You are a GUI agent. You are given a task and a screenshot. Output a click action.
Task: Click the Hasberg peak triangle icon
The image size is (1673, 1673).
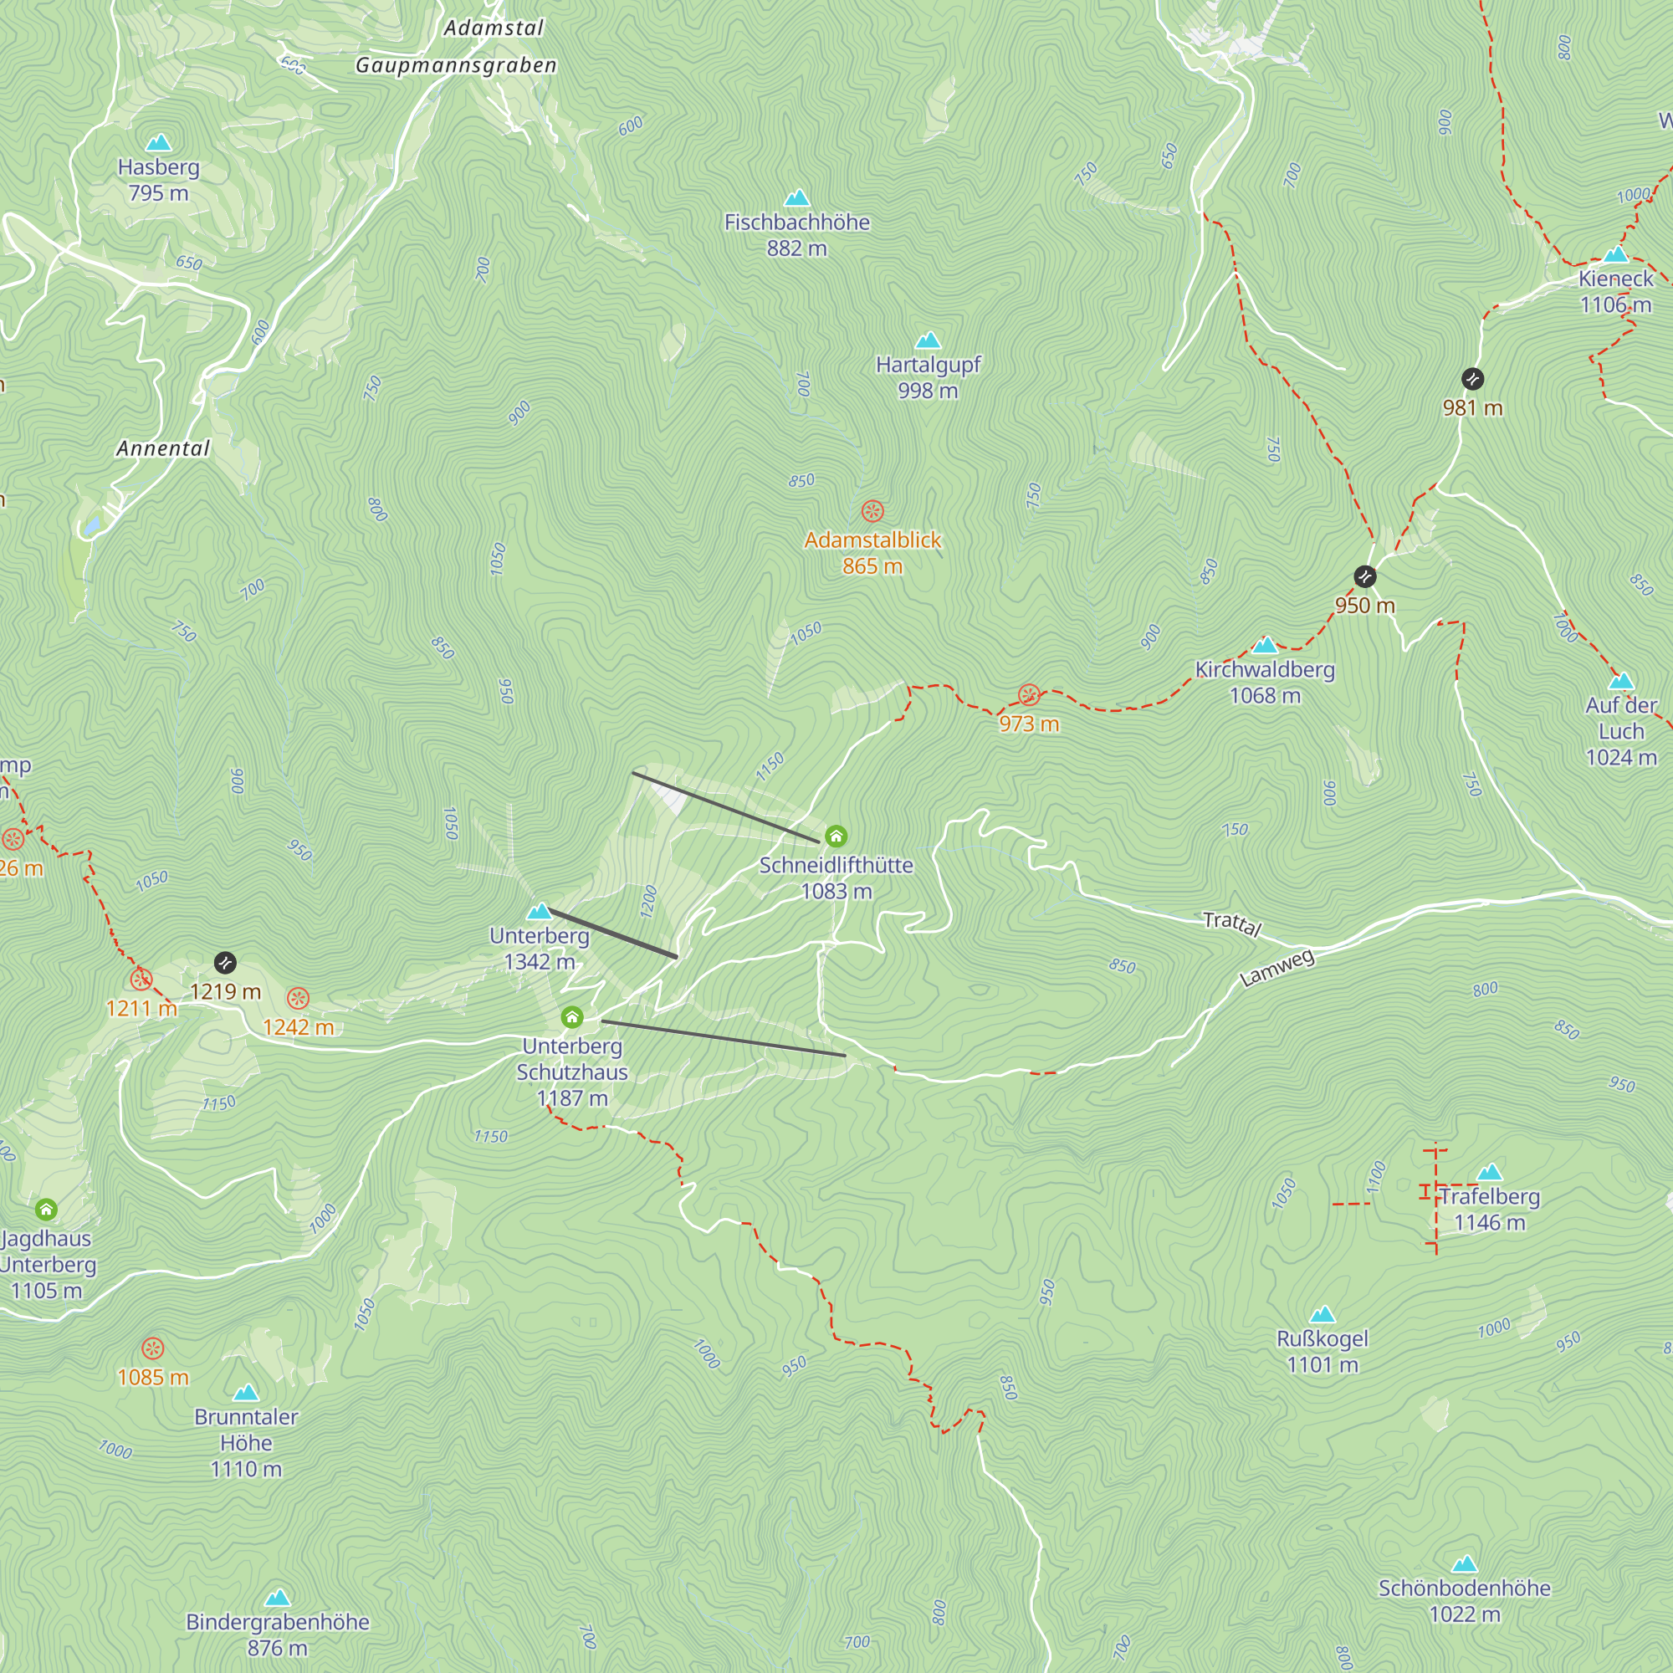(x=158, y=142)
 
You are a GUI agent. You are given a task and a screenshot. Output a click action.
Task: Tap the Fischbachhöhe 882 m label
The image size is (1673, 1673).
(x=796, y=235)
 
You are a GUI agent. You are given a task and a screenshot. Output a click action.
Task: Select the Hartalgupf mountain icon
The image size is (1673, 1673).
(x=928, y=340)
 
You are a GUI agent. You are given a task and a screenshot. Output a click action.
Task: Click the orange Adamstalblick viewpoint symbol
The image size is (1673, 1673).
(x=872, y=511)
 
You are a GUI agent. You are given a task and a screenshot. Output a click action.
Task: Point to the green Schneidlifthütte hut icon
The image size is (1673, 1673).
(x=836, y=836)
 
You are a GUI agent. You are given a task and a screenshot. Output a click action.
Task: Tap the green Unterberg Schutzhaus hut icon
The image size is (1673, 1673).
(x=571, y=1016)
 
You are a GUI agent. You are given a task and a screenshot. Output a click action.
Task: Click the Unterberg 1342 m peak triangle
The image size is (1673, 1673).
(x=540, y=911)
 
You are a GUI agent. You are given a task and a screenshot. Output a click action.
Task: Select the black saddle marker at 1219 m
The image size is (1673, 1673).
(x=225, y=962)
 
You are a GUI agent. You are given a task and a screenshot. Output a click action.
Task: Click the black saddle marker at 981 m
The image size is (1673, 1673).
(x=1472, y=378)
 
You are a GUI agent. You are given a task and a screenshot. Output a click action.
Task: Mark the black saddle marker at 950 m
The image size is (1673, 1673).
(x=1364, y=576)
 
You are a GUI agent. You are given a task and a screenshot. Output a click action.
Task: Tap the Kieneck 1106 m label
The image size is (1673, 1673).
(x=1615, y=291)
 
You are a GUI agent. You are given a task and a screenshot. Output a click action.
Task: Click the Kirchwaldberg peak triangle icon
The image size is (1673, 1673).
(x=1265, y=644)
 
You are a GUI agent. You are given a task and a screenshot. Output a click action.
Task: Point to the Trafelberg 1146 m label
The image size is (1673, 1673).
(x=1490, y=1209)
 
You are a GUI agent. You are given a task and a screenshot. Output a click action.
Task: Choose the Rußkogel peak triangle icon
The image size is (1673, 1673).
(x=1323, y=1314)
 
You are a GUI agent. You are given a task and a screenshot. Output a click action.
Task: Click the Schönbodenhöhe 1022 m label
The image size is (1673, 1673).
(x=1465, y=1600)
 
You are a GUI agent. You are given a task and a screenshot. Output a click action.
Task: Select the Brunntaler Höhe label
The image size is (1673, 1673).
(x=246, y=1443)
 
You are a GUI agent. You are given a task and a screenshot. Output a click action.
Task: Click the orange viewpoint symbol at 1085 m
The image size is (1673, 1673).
(x=152, y=1348)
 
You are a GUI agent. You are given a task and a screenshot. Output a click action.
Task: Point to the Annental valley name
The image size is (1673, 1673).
(x=163, y=448)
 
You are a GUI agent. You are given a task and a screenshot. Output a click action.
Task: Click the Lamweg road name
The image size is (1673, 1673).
(x=1277, y=968)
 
